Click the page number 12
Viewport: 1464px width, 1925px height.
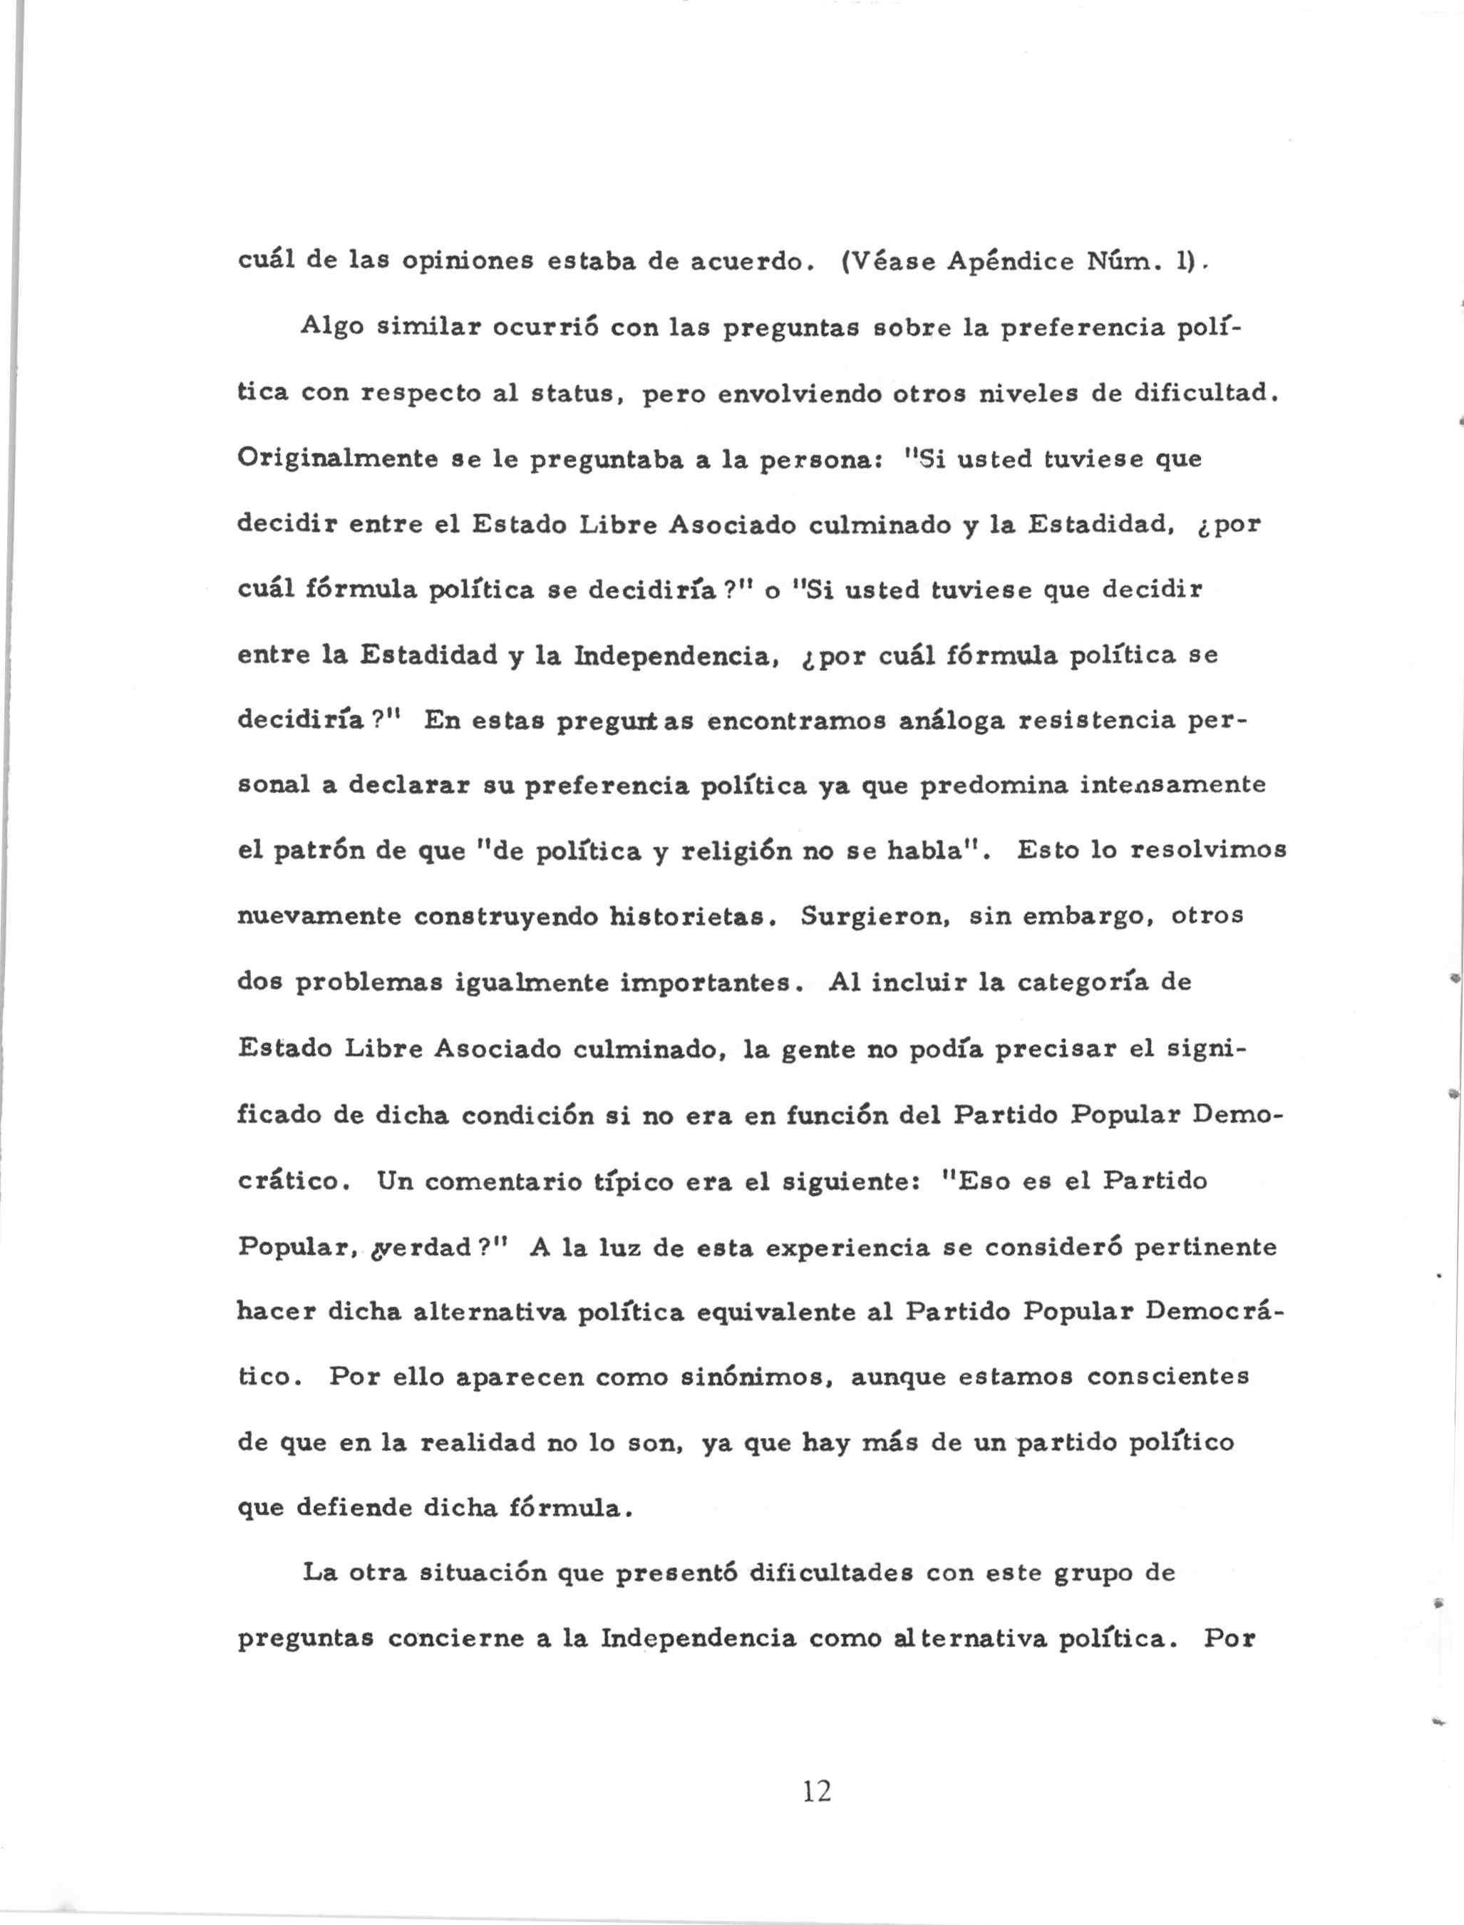point(817,1792)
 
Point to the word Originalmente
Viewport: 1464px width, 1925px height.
point(337,459)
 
